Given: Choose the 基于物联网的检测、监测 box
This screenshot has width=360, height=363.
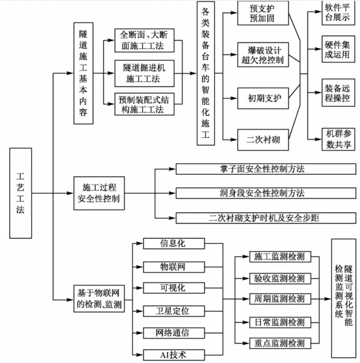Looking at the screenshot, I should pos(100,299).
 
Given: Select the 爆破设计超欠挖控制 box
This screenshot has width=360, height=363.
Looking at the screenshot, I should pos(263,54).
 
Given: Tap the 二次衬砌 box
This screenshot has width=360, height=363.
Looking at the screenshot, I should pos(263,139).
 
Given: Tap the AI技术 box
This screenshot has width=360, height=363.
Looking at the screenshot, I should pos(174,355).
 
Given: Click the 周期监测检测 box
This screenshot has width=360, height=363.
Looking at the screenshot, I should pos(280,299).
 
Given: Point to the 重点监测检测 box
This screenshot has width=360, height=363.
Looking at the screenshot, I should pos(280,343).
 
